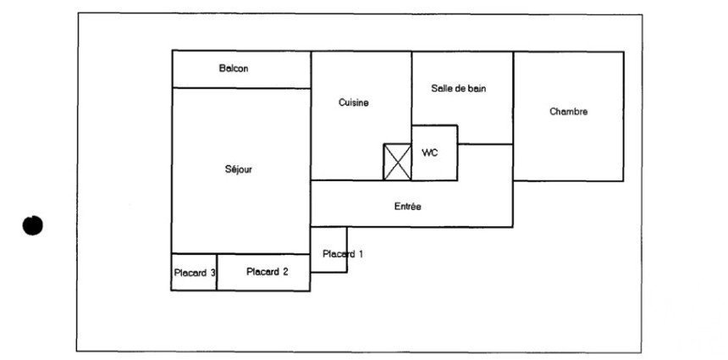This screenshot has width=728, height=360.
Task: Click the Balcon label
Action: click(x=234, y=69)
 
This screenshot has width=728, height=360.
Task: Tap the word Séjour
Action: click(x=239, y=169)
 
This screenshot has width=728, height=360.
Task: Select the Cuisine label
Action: click(x=354, y=102)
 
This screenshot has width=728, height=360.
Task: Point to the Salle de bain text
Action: click(x=459, y=88)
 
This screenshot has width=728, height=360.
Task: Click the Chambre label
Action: click(x=569, y=112)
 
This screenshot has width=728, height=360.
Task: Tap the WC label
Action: click(x=429, y=152)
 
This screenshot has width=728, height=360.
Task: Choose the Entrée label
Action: click(x=408, y=206)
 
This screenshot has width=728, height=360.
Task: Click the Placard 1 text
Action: click(x=343, y=254)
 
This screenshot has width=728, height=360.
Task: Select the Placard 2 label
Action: click(x=267, y=272)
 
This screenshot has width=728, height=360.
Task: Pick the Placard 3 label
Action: click(x=195, y=273)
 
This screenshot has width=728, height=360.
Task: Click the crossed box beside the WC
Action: click(x=397, y=162)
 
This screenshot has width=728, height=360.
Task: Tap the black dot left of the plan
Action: click(x=32, y=225)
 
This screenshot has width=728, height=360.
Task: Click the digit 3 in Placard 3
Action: click(x=212, y=273)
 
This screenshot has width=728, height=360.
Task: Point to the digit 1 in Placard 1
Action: click(x=361, y=254)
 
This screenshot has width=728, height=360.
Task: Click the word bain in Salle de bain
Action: click(x=477, y=88)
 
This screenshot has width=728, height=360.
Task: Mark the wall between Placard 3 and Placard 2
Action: click(x=217, y=272)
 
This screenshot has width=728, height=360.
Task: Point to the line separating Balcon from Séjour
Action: click(x=241, y=88)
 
